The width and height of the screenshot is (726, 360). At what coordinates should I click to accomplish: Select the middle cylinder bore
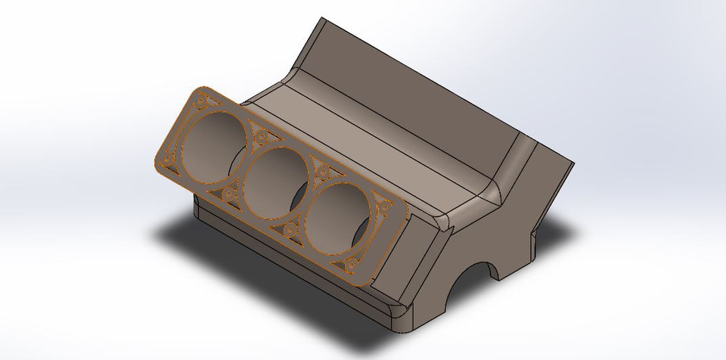275,180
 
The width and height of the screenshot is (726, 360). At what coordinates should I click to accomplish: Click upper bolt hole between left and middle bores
261,136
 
